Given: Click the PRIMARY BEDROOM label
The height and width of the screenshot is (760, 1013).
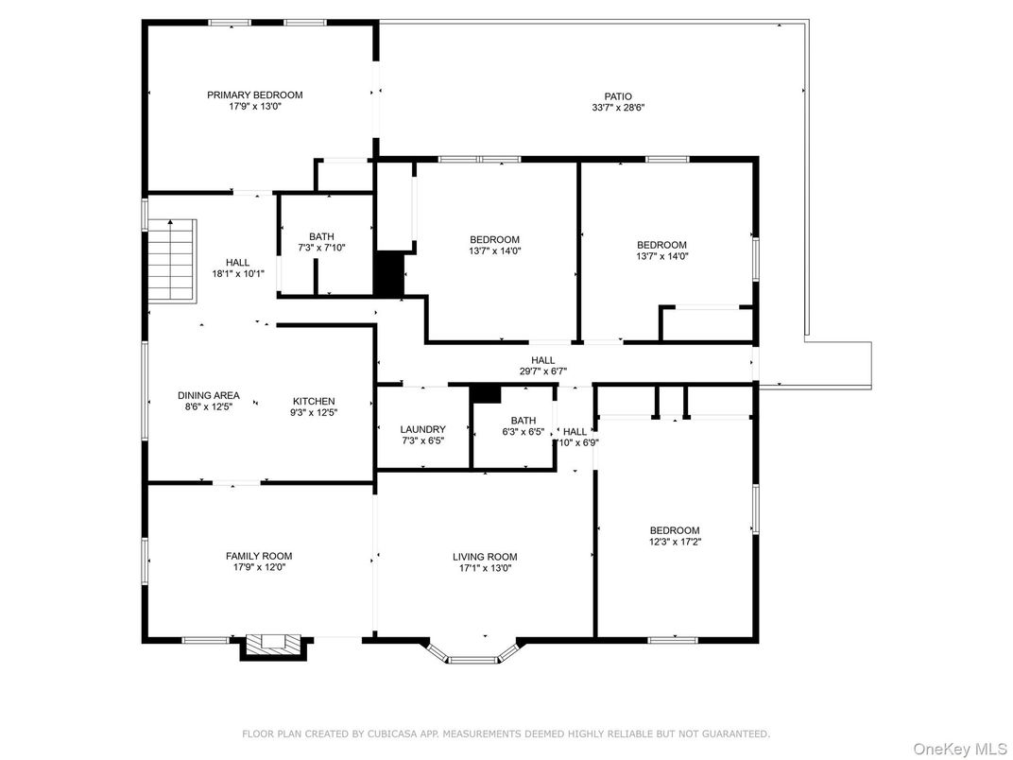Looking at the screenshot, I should tap(255, 95).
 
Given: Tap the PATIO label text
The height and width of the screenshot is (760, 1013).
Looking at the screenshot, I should tap(618, 95).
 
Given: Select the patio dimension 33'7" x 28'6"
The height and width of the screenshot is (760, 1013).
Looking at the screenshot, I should tap(618, 108).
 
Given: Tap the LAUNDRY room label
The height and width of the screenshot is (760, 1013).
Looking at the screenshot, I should tap(422, 429).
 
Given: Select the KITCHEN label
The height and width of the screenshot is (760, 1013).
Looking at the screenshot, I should tap(313, 401).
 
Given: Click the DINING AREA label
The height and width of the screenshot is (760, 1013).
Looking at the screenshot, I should tap(209, 395).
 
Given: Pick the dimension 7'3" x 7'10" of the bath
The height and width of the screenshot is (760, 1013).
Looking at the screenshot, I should tap(321, 249).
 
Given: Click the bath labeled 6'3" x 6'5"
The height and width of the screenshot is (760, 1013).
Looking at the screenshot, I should tap(523, 427).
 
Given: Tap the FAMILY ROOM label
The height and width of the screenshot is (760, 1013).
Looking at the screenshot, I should tap(258, 556).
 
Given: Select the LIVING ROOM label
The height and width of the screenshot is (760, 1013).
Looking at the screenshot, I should tap(485, 557).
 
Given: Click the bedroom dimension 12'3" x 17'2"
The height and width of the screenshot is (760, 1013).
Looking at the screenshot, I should tap(675, 542).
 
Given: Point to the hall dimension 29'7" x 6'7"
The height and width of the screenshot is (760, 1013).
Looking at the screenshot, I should tap(542, 372).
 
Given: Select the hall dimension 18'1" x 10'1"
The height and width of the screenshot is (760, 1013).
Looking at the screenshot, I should tap(238, 274).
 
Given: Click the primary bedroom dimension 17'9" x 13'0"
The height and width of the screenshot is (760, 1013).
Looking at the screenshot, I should tap(255, 107).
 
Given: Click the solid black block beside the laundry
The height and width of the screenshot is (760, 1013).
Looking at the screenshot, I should tap(485, 392).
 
